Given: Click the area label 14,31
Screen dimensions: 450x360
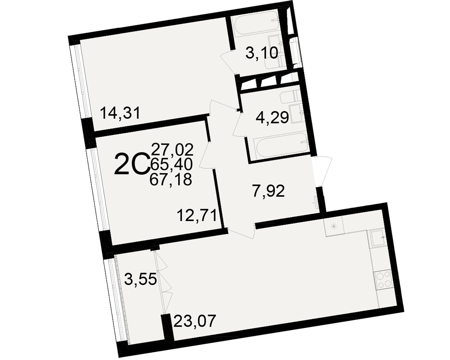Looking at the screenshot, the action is [120, 112].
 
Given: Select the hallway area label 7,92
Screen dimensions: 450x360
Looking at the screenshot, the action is [268, 191].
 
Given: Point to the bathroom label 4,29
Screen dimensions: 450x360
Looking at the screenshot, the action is [272, 117].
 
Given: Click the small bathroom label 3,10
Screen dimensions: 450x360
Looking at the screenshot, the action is [262, 53].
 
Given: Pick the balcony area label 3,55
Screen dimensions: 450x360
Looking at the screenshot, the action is [140, 279].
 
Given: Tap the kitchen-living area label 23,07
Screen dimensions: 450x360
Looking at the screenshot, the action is [194, 321].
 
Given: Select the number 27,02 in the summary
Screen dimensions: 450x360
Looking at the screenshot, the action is [172, 149].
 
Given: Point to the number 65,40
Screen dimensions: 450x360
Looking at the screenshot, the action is [171, 164].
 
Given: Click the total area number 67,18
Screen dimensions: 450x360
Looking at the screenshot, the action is [171, 180].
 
